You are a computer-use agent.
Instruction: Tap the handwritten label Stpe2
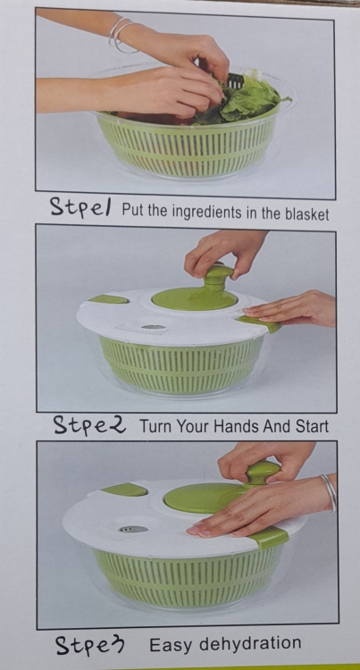[89, 424]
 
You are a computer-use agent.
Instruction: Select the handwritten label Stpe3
[90, 644]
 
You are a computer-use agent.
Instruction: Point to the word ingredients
[196, 212]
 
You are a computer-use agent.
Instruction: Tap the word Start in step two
[312, 426]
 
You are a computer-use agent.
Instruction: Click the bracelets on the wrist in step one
[121, 35]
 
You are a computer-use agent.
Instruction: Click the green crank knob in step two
[218, 275]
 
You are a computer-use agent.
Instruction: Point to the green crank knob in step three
[262, 472]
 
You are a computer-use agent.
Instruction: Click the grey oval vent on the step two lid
[154, 327]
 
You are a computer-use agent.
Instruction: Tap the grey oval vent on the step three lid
[133, 529]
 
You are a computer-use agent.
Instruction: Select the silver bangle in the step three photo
[330, 491]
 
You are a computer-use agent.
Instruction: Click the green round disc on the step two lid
[195, 297]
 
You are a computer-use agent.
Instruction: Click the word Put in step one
[132, 210]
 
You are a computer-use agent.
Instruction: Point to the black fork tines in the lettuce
[234, 80]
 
